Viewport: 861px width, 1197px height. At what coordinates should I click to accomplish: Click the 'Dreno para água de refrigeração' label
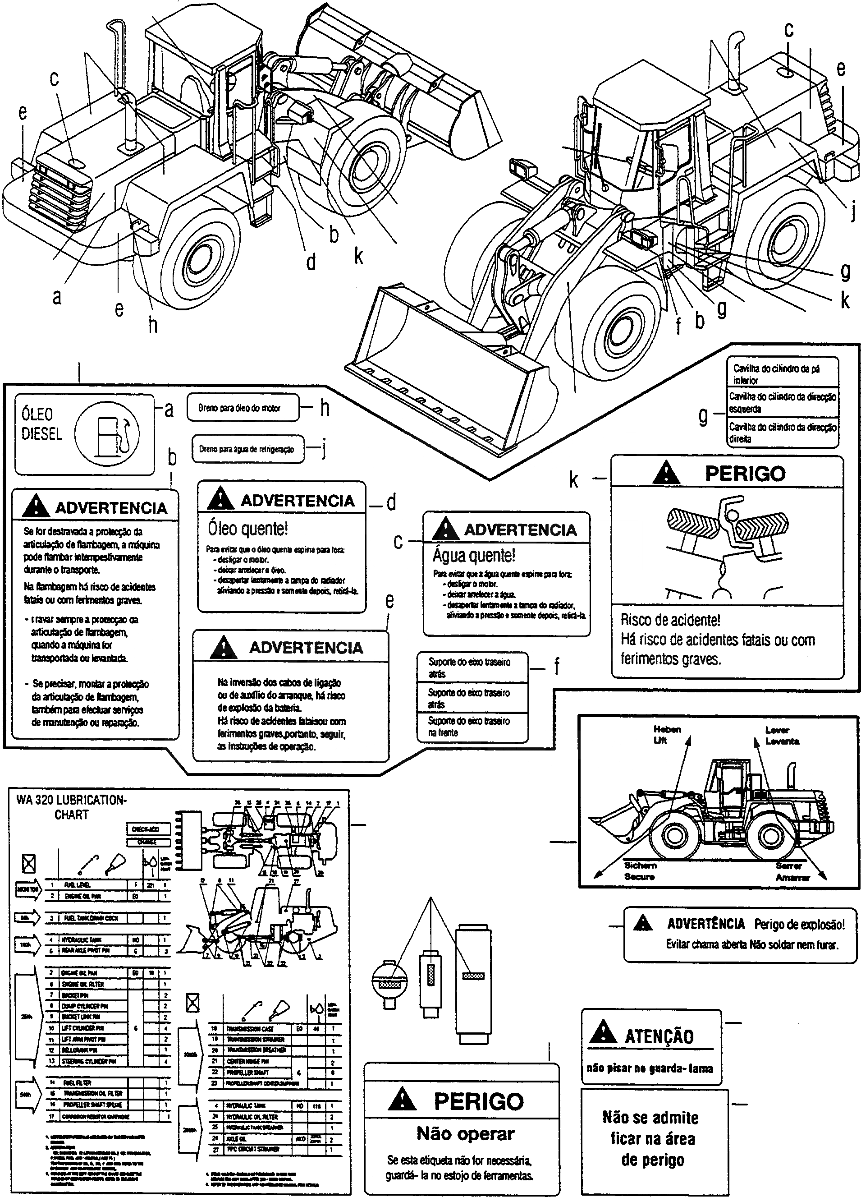(248, 449)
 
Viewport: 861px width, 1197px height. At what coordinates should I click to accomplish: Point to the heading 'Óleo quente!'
(248, 528)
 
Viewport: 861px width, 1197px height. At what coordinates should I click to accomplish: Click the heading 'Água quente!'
(474, 555)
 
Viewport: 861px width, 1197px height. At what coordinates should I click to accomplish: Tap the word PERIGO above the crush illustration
(745, 474)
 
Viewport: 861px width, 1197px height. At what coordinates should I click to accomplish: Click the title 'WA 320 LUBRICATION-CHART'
(71, 807)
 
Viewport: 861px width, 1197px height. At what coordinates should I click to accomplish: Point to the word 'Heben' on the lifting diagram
(667, 729)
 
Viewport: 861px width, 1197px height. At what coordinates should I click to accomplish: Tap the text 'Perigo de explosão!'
(799, 924)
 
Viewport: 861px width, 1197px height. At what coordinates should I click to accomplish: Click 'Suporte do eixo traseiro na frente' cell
(472, 727)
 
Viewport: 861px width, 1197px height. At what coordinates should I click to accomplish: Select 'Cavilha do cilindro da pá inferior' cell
(783, 374)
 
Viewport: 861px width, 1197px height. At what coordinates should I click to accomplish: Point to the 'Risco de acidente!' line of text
(670, 620)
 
